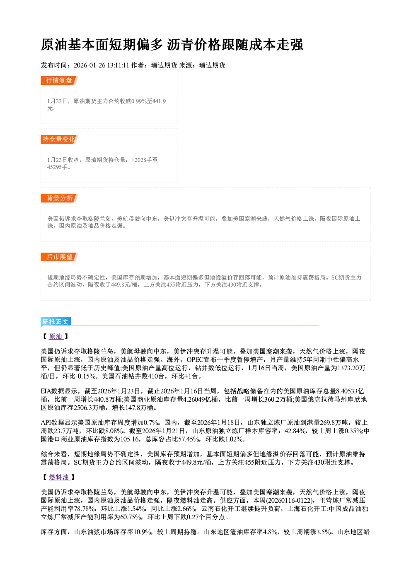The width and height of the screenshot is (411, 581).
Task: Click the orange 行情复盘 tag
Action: click(59, 80)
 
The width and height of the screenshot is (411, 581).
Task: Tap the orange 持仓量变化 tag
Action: click(59, 139)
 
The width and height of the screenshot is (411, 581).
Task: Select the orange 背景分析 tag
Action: click(59, 198)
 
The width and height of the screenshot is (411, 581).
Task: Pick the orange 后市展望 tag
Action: click(59, 257)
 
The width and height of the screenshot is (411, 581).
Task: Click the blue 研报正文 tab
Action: click(56, 322)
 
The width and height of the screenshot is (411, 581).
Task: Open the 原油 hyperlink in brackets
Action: click(56, 337)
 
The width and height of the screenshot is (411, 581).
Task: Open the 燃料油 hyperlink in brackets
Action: click(59, 477)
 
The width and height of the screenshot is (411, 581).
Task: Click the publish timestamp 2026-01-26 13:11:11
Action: click(102, 65)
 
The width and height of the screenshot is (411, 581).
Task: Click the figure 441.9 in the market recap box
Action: click(159, 101)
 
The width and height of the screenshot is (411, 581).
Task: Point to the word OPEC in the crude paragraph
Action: click(195, 359)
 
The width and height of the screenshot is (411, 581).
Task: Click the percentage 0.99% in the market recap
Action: click(139, 101)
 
